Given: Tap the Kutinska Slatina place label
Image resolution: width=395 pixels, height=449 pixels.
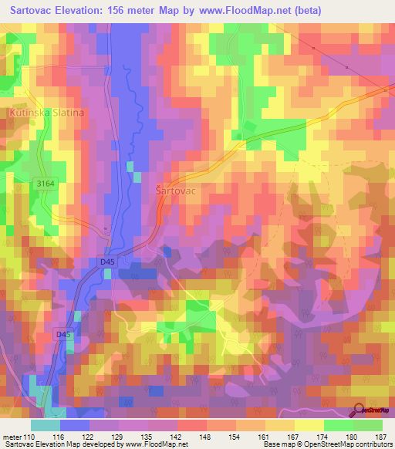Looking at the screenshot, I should (46, 113).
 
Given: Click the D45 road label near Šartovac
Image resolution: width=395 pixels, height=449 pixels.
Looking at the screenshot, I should (107, 262).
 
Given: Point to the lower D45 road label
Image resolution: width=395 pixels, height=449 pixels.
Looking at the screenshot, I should (63, 334).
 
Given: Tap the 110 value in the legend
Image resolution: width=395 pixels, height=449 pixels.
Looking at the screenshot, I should (30, 437).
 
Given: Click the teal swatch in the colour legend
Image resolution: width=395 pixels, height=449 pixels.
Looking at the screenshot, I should (45, 425).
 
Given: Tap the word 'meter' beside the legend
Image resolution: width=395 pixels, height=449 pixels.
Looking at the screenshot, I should (12, 437).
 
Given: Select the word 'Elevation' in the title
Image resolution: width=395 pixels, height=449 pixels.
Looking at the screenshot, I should (85, 10).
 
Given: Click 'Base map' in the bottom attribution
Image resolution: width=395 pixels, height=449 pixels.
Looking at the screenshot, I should (277, 444).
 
